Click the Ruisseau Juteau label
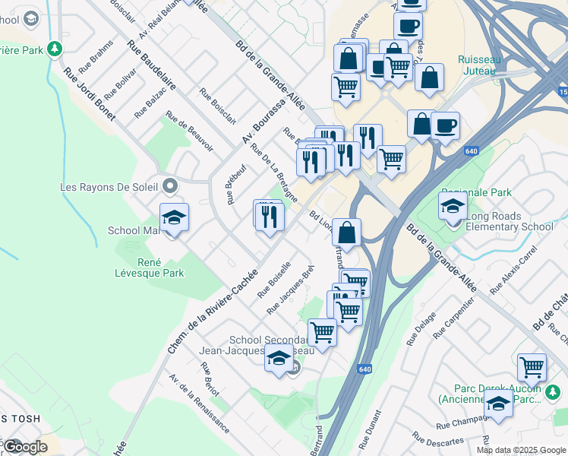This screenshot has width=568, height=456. (477, 65)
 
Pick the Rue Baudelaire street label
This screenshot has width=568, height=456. (151, 65)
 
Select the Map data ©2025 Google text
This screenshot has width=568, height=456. (521, 450)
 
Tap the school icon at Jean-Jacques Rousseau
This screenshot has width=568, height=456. (279, 358)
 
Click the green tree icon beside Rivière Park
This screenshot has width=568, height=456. (54, 49)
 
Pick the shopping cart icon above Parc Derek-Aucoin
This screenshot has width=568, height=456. (532, 367)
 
